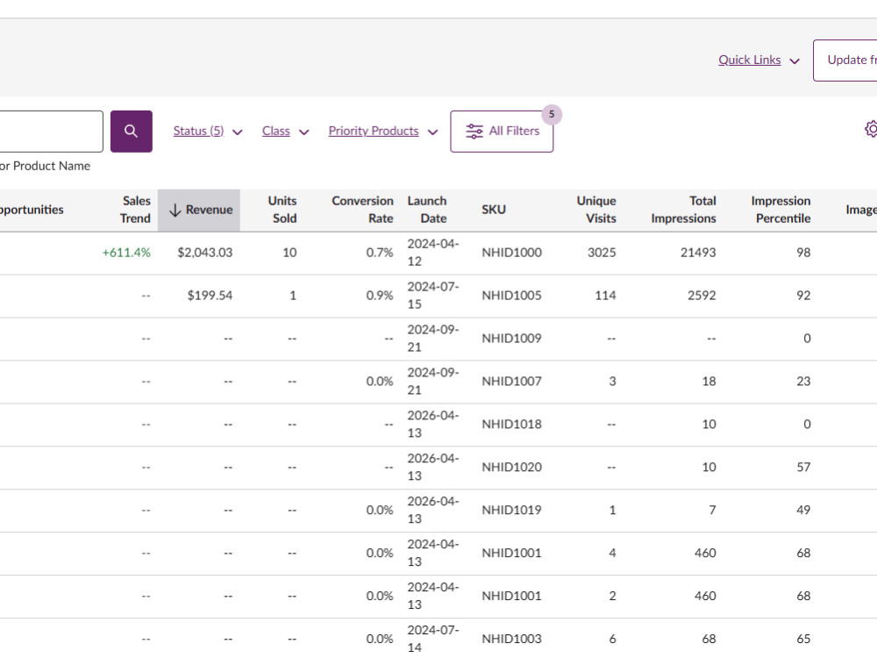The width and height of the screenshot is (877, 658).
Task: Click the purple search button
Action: [131, 131]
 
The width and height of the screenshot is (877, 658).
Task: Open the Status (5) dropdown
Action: [208, 131]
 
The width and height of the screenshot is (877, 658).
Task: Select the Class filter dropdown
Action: [285, 131]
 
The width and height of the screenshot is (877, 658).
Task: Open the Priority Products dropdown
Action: [382, 131]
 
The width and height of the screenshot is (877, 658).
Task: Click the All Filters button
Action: [502, 131]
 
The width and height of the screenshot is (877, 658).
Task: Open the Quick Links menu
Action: [759, 60]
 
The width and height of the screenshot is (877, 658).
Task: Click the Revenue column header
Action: [199, 210]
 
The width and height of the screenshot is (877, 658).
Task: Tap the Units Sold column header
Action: [282, 210]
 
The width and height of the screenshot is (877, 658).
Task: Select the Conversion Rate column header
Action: [362, 210]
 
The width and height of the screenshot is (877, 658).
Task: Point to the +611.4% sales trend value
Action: [126, 253]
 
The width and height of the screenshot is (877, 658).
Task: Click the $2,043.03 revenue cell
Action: [204, 253]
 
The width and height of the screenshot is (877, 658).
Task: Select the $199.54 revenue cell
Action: [210, 296]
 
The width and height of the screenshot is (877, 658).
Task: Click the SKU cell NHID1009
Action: [512, 338]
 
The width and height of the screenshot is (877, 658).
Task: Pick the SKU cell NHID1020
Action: [512, 467]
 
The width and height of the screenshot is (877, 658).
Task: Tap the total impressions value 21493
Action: [698, 253]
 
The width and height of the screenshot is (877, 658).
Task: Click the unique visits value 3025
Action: [602, 253]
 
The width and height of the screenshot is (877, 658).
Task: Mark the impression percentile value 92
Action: [803, 296]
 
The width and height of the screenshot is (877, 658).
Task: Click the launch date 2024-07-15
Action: [433, 296]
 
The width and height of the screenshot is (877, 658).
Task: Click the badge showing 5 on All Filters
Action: [552, 114]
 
